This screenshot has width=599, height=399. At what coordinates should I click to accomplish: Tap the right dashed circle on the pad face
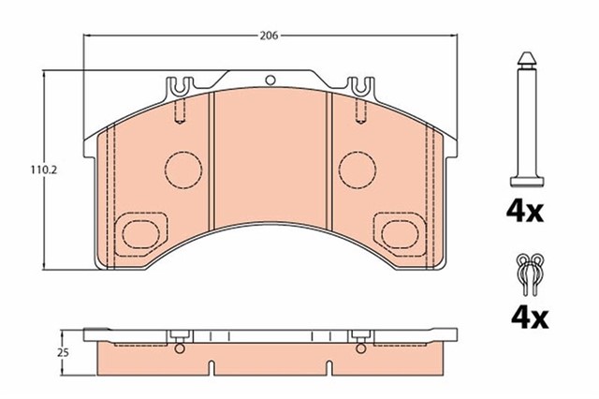[x=357, y=168]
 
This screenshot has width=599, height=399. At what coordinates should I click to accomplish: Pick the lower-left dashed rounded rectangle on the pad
[x=141, y=229]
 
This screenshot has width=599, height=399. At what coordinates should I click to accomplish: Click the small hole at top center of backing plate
[x=270, y=81]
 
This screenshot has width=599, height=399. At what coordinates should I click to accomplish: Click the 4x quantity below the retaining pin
[x=526, y=213]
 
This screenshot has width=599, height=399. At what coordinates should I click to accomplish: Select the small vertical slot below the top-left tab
[x=178, y=115]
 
